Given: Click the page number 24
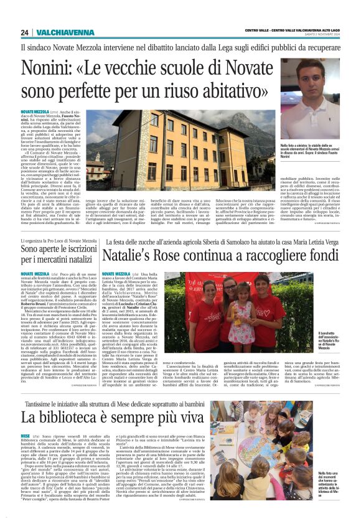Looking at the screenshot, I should (x=24, y=32).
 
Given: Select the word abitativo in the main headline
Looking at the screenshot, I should (x=237, y=93).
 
